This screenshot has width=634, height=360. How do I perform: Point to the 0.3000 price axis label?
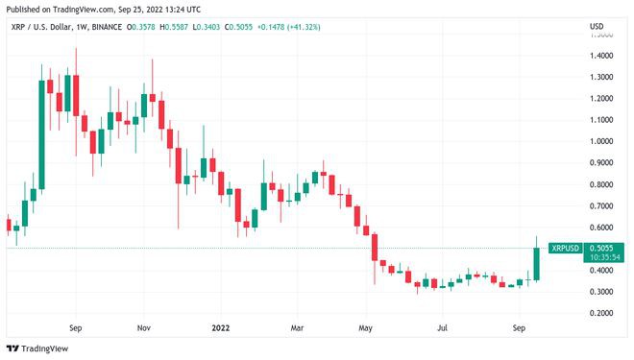tap(602, 292)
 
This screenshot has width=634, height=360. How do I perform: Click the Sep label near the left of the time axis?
tap(76, 326)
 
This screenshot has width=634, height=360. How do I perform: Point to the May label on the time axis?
tap(366, 326)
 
